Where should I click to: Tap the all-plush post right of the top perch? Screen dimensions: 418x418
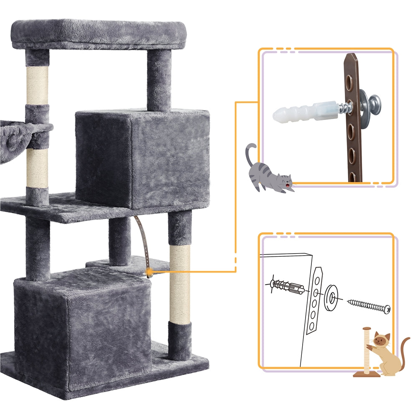tap(159, 79)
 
